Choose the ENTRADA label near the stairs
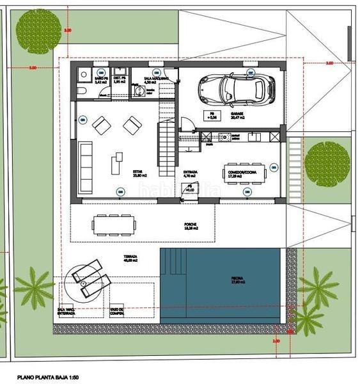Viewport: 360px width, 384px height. (x=191, y=172)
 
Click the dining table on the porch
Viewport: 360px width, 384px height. (x=114, y=224)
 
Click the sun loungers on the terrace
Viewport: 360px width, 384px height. (x=89, y=277)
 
